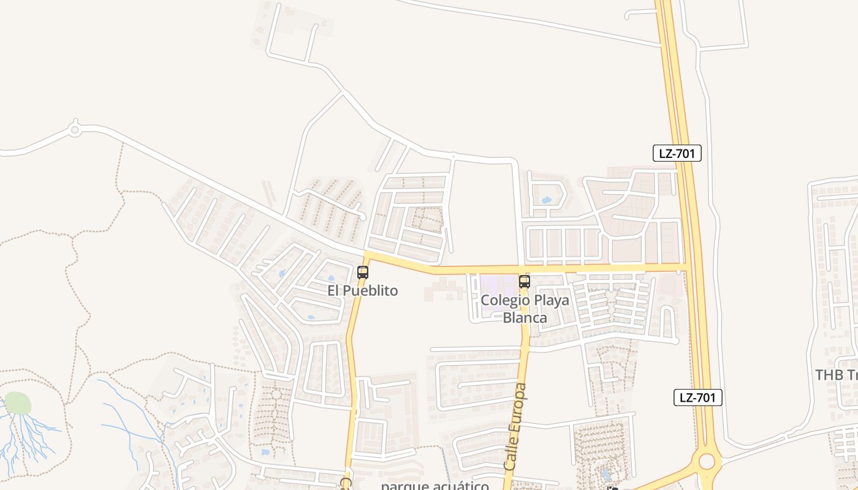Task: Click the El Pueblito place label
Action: click(x=362, y=290)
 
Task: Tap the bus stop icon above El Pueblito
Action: click(x=363, y=273)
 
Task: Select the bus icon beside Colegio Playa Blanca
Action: click(x=524, y=282)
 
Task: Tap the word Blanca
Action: click(x=525, y=318)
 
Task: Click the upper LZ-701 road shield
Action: click(x=677, y=153)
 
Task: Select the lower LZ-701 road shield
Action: click(x=697, y=398)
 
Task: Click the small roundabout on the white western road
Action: click(x=75, y=130)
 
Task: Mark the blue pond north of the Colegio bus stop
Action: click(x=546, y=200)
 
